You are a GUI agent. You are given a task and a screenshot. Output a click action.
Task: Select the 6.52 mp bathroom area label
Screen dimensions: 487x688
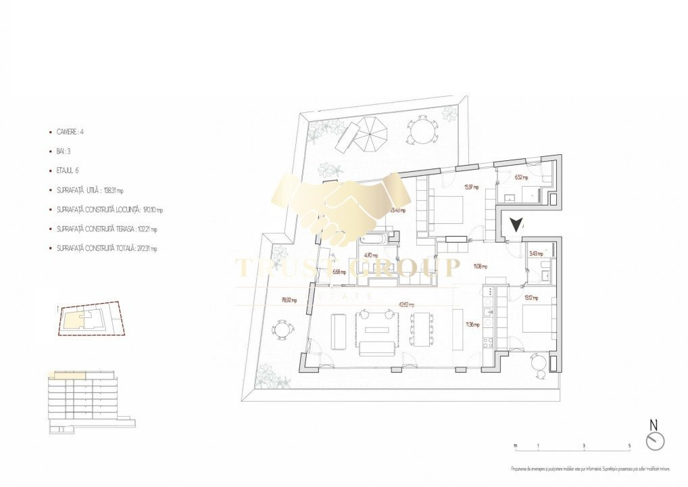coord(522,178)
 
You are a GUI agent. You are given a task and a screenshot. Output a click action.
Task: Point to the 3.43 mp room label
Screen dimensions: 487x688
coord(534,253)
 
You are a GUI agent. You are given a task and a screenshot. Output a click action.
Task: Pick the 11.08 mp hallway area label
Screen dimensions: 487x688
coord(481,266)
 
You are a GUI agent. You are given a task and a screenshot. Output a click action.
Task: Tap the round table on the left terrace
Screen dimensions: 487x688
coord(282,330)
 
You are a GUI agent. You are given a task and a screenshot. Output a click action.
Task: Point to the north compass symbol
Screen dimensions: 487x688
coord(655,440)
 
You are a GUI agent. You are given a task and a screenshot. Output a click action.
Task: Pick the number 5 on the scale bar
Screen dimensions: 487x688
coord(629,446)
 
